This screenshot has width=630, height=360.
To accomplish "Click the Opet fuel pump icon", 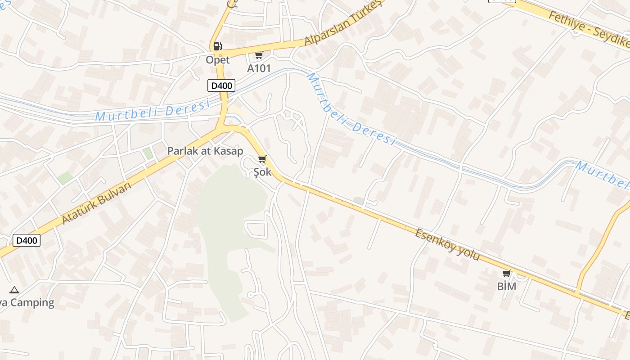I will (x=217, y=46).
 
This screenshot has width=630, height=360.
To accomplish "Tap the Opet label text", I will (x=218, y=60).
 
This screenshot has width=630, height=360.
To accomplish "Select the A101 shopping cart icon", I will (x=259, y=55).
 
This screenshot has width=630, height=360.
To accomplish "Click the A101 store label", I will (x=259, y=68).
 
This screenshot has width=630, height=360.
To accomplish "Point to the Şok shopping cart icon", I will (x=262, y=159).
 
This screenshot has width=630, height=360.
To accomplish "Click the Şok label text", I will (x=262, y=172).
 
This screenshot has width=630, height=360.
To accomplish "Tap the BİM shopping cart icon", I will (x=507, y=273).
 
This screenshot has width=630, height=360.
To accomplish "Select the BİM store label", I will (x=507, y=286).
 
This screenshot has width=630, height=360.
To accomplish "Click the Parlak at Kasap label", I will (x=205, y=151).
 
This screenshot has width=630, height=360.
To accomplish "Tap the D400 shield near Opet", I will (x=221, y=85).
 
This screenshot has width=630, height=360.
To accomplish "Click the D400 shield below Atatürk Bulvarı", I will (x=27, y=240).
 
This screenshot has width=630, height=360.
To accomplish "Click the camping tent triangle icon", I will (x=14, y=290).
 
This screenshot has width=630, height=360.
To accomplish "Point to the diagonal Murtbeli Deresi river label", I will (x=351, y=110).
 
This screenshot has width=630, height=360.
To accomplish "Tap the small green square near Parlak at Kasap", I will (x=148, y=153).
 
